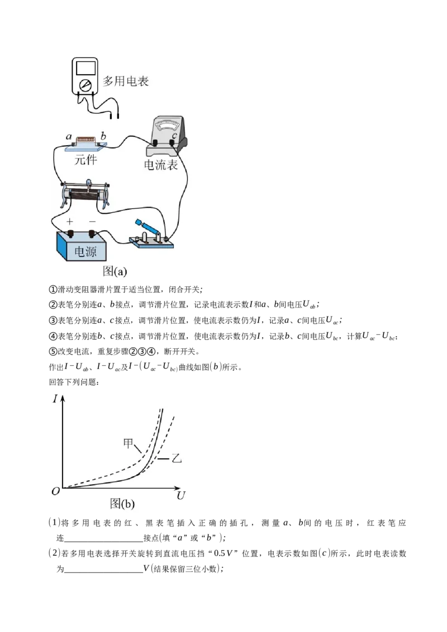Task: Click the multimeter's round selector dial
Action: pos(85,85)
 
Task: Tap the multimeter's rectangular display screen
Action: pos(85,68)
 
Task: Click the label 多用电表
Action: pos(126,81)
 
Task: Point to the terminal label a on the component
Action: pos(69,137)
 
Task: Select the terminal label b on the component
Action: pos(103,136)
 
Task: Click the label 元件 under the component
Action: pos(85,160)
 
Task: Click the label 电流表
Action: pos(160,165)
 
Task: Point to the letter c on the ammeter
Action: pos(174,136)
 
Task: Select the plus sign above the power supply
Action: pos(70,221)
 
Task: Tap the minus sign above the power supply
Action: pos(92,221)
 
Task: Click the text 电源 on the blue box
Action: pos(85,251)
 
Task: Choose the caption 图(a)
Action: pos(115,271)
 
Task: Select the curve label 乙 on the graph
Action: pos(177,458)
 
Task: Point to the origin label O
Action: pos(56,491)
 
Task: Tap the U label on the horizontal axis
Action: pos(180,495)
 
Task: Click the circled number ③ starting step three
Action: pos(53,320)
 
